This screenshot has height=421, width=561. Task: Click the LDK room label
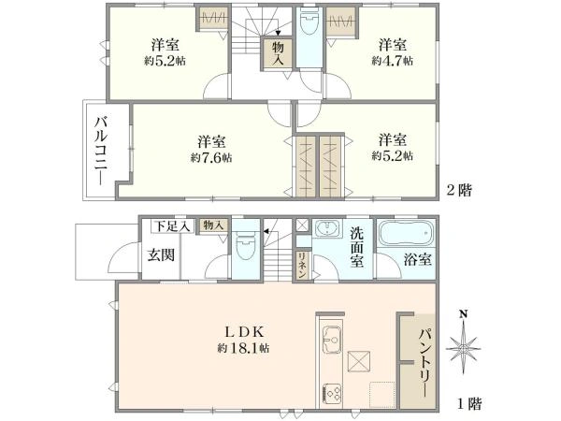click(244, 332)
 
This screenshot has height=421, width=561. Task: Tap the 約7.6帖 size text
click(211, 157)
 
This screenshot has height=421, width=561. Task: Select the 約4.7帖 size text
click(392, 61)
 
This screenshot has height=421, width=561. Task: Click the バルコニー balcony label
click(101, 151)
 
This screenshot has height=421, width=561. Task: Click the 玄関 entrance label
click(162, 254)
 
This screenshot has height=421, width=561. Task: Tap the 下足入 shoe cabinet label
click(172, 226)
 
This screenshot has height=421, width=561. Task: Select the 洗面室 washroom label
click(357, 247)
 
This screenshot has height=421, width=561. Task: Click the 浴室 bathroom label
click(418, 259)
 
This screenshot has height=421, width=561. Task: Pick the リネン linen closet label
click(302, 265)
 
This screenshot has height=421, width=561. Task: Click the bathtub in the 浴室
click(407, 233)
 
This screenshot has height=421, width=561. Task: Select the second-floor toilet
click(309, 22)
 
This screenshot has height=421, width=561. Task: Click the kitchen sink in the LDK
click(332, 340)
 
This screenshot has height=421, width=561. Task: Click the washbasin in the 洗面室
click(328, 229)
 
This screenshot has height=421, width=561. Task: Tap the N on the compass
click(464, 314)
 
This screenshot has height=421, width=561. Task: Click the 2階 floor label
click(460, 190)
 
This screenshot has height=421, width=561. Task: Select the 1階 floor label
click(470, 404)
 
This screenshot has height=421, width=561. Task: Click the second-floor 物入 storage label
click(279, 53)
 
